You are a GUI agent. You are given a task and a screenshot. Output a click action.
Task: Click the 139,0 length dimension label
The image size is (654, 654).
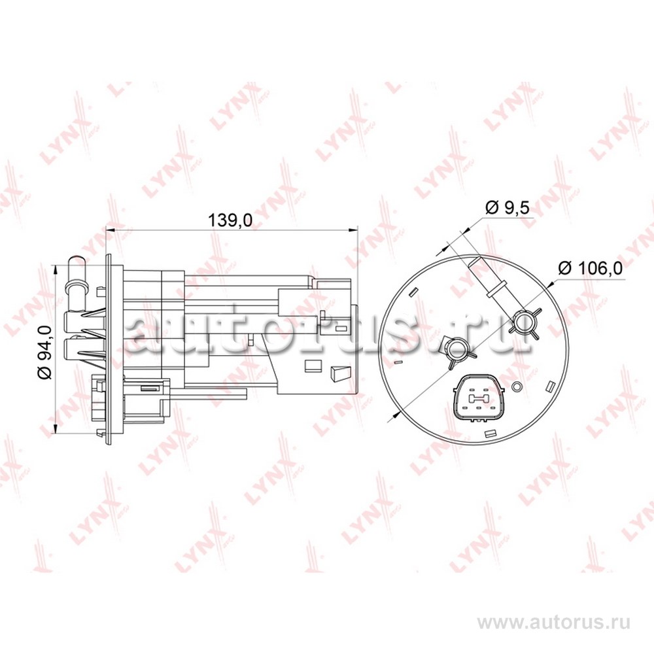(x=230, y=220)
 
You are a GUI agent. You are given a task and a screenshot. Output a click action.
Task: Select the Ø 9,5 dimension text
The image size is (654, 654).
(x=508, y=207)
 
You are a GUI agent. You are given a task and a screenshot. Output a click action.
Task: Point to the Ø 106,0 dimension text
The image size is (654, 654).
(x=590, y=268)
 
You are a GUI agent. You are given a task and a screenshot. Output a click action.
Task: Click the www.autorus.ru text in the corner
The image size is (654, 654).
(x=553, y=623)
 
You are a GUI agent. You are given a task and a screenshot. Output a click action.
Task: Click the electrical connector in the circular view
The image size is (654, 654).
(x=479, y=398)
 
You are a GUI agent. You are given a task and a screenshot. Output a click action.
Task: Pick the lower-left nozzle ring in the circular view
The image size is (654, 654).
(x=458, y=349)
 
